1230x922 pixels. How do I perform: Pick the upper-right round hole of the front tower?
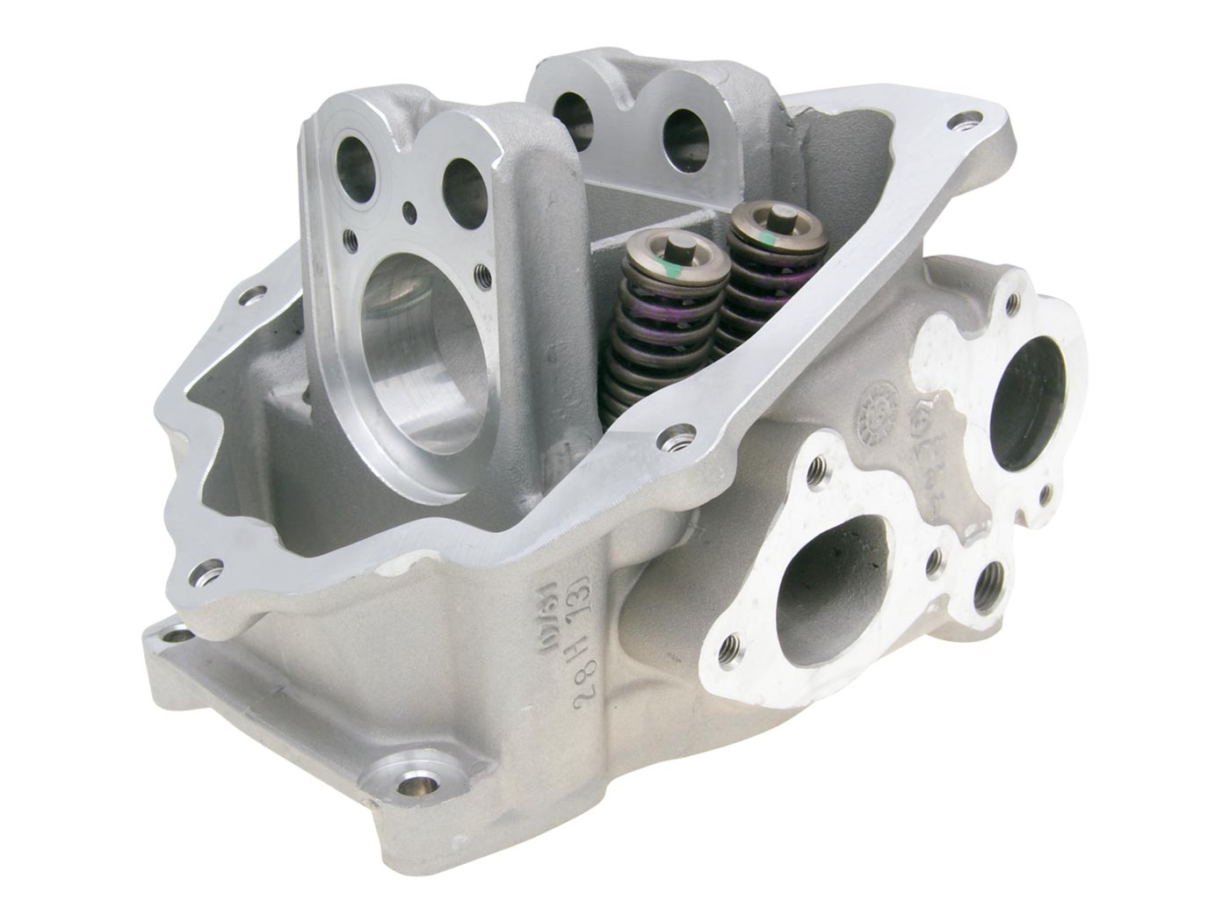click(x=463, y=179)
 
